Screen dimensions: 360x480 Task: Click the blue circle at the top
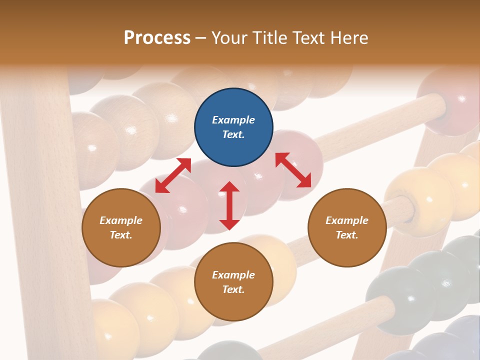point(233,127)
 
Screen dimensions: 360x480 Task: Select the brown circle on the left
point(121,227)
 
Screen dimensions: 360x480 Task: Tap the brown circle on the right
point(347,227)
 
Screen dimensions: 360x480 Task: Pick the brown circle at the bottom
point(233,282)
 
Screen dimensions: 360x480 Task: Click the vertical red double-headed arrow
point(229,205)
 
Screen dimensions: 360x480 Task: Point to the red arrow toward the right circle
point(293,170)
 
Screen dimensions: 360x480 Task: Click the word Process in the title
point(157,37)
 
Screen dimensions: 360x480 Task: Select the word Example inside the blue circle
point(233,120)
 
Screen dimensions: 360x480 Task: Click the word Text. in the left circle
point(121,235)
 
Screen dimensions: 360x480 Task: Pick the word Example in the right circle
point(347,220)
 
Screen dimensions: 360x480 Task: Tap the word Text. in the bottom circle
point(233,289)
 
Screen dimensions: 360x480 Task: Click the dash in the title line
point(201,38)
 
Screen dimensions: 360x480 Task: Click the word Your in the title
point(229,37)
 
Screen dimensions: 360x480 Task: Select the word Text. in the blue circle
point(233,134)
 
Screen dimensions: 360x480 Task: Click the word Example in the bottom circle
point(233,275)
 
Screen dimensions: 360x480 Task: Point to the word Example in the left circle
point(121,220)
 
